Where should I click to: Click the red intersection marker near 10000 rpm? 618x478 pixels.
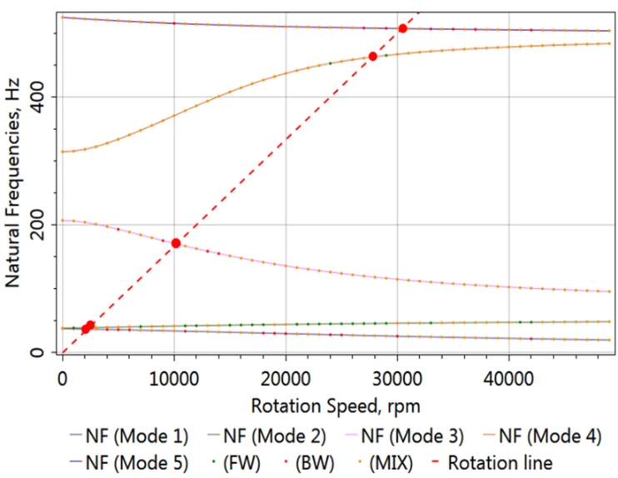[176, 243]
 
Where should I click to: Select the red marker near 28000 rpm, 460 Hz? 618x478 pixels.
[373, 56]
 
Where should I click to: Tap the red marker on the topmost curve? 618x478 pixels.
[403, 28]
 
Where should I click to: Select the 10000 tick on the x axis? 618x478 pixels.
[173, 379]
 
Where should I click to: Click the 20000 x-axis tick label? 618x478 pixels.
[285, 379]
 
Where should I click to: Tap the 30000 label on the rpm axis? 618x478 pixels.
[396, 379]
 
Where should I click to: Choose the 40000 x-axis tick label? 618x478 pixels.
[508, 379]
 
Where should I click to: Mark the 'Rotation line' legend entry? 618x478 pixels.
[493, 461]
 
